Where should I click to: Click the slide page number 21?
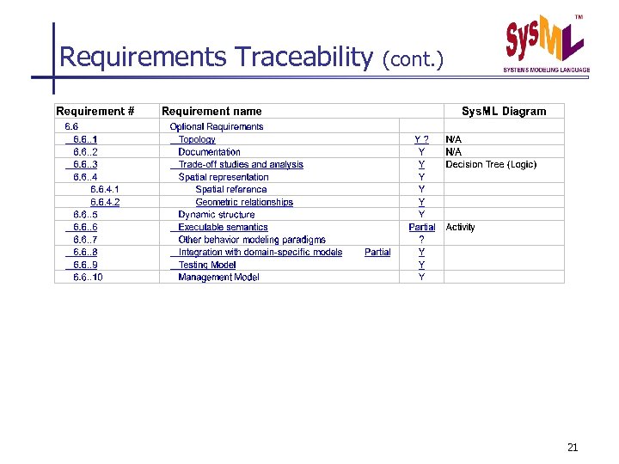coord(573,447)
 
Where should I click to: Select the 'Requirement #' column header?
coord(95,111)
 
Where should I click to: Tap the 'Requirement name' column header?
coord(211,111)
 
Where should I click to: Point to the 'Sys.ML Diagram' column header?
coord(503,111)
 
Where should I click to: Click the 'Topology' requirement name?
coord(197,139)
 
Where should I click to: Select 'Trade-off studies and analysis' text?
coord(241,164)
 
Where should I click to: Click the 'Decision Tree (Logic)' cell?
coord(491,164)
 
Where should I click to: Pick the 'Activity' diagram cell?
coord(460,227)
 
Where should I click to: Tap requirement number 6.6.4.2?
coord(105,202)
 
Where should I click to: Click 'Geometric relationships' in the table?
coord(244,202)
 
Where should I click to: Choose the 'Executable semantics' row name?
coord(223,227)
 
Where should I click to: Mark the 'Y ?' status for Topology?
coord(421,139)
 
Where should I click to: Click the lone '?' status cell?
coord(421,240)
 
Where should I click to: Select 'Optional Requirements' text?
coord(217,126)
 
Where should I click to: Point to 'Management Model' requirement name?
coord(218,277)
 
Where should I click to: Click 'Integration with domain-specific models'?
coord(260,252)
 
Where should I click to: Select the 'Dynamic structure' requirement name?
coord(217,214)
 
